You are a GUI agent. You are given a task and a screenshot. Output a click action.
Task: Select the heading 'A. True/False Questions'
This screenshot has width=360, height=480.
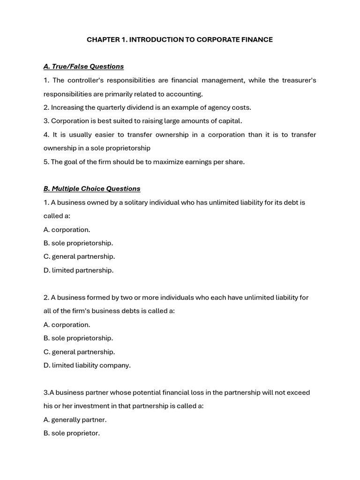click(83, 67)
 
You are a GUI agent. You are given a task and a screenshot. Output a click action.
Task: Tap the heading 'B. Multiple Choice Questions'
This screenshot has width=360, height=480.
click(92, 189)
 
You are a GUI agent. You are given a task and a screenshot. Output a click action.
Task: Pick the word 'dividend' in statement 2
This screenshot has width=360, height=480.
click(140, 107)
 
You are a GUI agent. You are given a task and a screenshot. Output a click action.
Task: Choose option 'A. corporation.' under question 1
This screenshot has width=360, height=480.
click(67, 230)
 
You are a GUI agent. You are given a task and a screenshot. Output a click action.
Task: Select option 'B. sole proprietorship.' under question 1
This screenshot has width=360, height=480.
click(78, 243)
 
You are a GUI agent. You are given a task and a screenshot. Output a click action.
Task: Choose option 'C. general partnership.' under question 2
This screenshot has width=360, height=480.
click(79, 352)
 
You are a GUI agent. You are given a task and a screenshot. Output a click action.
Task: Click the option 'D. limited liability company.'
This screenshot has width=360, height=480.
click(87, 365)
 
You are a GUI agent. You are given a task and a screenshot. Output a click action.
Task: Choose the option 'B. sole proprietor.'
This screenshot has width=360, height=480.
click(72, 433)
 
